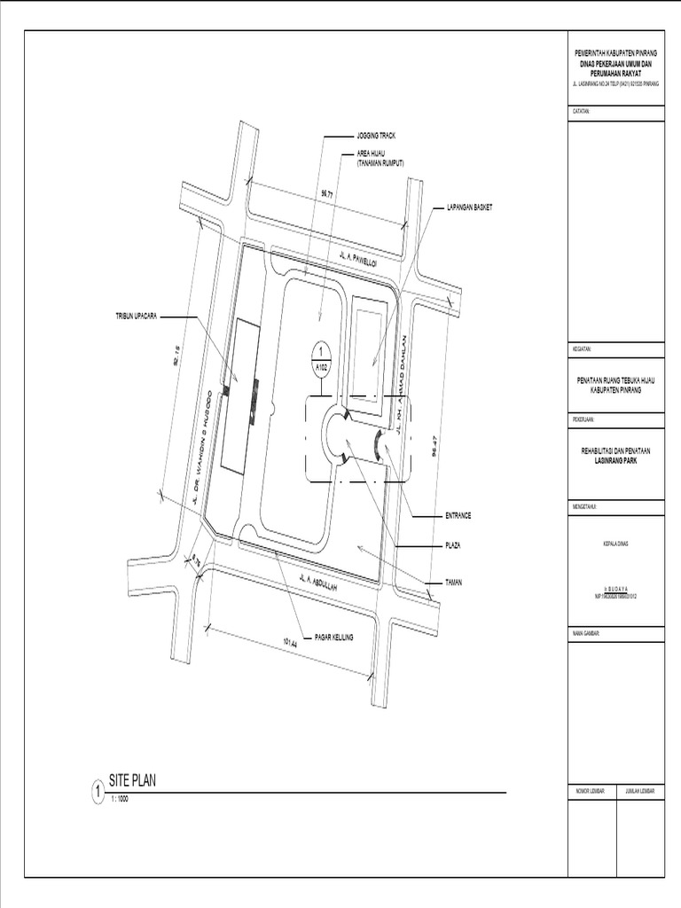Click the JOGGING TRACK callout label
[376, 137]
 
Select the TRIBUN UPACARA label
[135, 317]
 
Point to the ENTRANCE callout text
[458, 515]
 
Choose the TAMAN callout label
[453, 582]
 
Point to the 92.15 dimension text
[176, 356]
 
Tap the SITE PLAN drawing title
[132, 781]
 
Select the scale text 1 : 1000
[120, 799]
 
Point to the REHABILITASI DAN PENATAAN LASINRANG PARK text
[615, 455]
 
